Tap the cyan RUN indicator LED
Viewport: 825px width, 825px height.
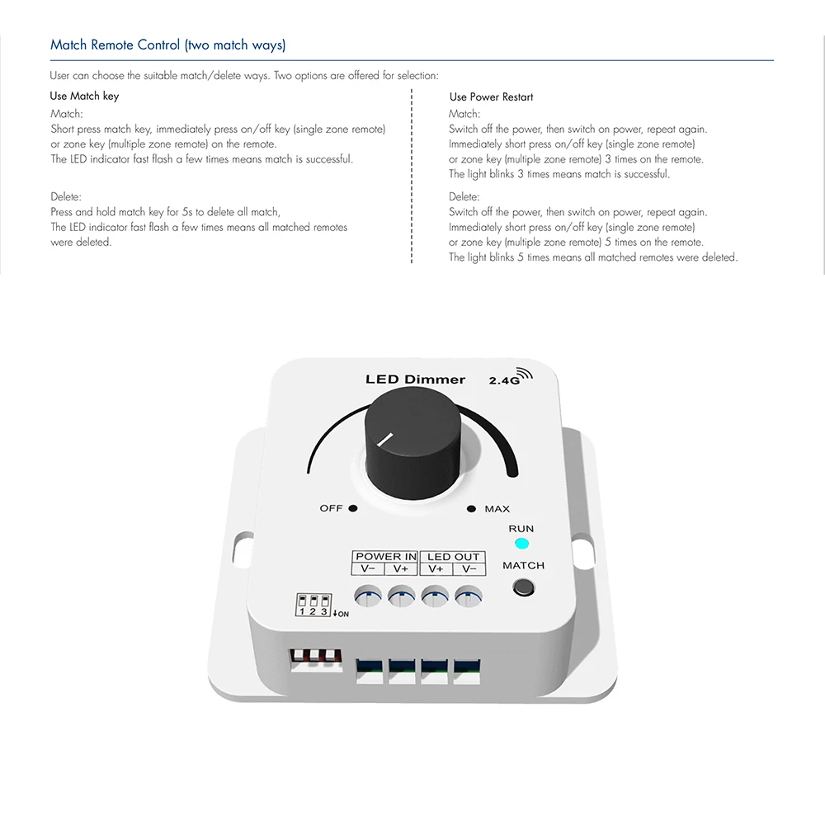pyautogui.click(x=521, y=544)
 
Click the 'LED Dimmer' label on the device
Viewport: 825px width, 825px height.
pyautogui.click(x=415, y=379)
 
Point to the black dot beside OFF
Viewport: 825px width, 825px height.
pyautogui.click(x=352, y=508)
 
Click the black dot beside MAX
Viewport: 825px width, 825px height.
pyautogui.click(x=471, y=508)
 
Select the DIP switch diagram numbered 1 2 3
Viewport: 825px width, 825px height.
pyautogui.click(x=313, y=604)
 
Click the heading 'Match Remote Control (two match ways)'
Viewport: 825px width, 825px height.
pyautogui.click(x=168, y=45)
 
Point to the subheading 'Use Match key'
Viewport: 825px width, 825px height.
pyautogui.click(x=84, y=96)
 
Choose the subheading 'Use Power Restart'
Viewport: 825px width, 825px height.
pyautogui.click(x=491, y=97)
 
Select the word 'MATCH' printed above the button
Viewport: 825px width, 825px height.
pyautogui.click(x=523, y=566)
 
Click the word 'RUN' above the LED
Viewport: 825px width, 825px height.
pyautogui.click(x=521, y=529)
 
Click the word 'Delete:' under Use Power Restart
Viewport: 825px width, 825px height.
pyautogui.click(x=464, y=196)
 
